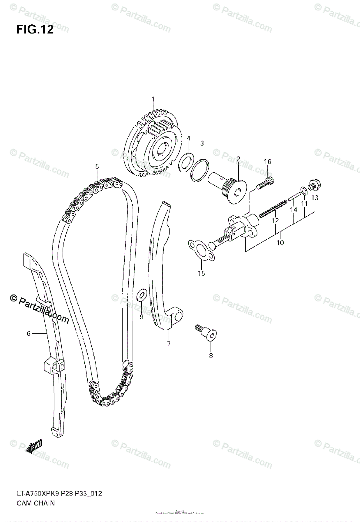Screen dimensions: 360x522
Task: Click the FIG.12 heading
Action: [35, 30]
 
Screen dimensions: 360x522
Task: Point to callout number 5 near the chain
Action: [97, 166]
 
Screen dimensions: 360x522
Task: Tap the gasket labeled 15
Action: [200, 251]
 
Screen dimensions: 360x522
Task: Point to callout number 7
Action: [168, 345]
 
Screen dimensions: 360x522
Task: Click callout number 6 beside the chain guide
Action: [28, 334]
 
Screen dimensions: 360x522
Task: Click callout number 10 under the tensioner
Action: [280, 243]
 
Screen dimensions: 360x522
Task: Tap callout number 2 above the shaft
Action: [238, 159]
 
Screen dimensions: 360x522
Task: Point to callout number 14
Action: [294, 210]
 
